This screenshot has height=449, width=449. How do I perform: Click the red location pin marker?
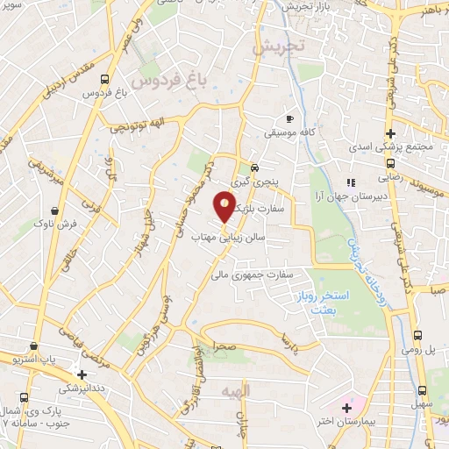(x=224, y=205)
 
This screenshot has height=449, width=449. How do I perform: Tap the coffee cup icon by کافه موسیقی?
(x=290, y=118)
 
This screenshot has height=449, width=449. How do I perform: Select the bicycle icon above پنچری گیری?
(x=254, y=167)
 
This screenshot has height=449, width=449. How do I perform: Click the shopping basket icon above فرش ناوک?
(x=56, y=210)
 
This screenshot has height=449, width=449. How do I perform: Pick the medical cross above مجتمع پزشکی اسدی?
(x=390, y=134)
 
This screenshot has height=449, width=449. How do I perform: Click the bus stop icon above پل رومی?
(x=418, y=336)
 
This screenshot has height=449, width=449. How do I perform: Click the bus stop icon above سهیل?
(x=422, y=389)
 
